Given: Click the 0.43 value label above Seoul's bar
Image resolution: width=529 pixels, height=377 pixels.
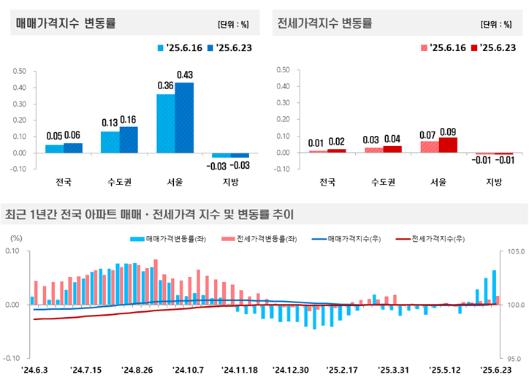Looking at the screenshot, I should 185,75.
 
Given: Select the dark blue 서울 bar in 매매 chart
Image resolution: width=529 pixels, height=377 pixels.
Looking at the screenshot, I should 184,117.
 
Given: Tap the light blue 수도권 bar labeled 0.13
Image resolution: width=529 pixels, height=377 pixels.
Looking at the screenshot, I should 110,142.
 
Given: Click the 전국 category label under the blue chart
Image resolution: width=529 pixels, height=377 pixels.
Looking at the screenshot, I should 64,182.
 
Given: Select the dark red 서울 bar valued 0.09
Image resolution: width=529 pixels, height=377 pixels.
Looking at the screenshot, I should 448,145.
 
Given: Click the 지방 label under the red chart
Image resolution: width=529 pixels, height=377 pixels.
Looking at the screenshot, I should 495,182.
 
